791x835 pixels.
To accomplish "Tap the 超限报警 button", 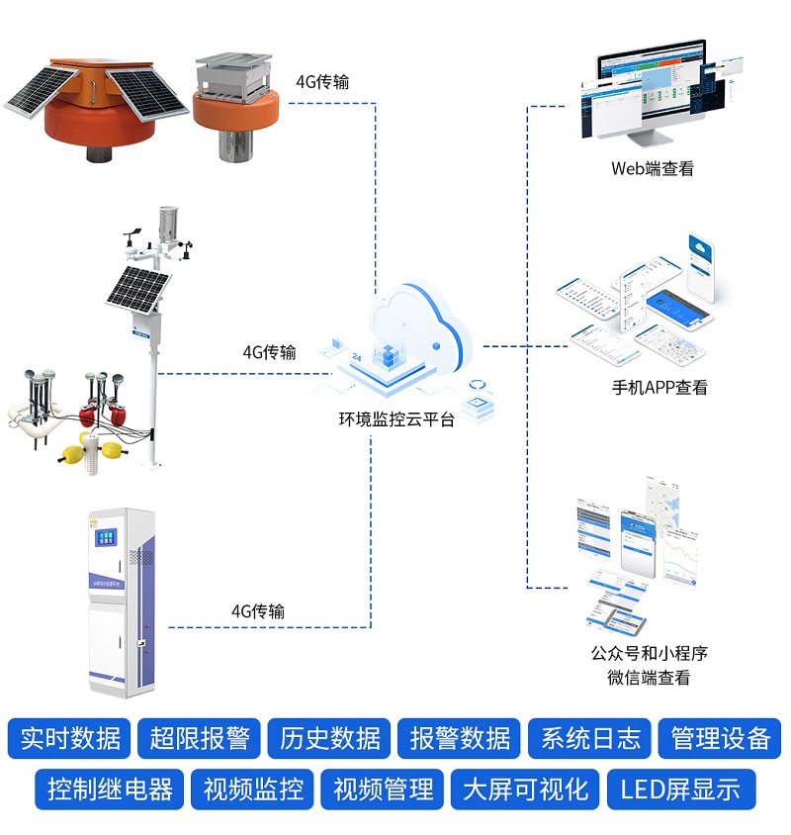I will point(200,738).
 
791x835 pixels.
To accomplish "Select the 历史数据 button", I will point(330,738).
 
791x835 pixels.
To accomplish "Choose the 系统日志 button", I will point(590,738).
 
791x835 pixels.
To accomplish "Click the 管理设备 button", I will point(720,738).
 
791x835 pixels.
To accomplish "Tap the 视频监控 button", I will point(253,789).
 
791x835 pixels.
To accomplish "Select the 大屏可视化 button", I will point(525,789).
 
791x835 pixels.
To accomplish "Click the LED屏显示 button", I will point(680,789).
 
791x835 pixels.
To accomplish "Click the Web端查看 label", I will point(652,168).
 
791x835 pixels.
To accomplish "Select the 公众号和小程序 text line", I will point(649,653).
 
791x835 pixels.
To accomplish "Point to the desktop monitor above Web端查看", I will point(648,89).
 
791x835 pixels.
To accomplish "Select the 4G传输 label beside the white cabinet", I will point(257,611).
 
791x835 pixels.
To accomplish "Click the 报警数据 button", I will point(460,738).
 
